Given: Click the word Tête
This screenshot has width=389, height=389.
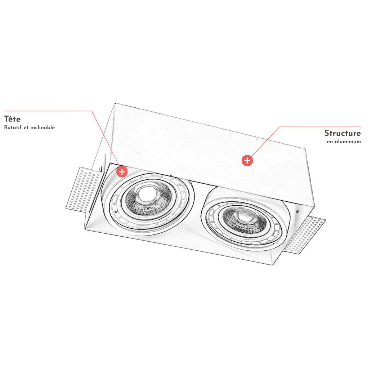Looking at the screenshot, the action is click(x=12, y=119).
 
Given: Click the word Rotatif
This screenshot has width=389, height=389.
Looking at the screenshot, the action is click(x=13, y=127).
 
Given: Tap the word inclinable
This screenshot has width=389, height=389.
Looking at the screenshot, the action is click(x=43, y=127).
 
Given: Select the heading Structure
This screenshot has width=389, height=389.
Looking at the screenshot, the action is click(x=343, y=133).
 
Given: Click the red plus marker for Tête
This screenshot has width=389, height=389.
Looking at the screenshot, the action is click(x=122, y=172).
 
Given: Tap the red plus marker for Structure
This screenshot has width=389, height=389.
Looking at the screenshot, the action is click(x=247, y=161).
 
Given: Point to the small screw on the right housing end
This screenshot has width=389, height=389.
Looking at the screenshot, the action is click(x=297, y=211).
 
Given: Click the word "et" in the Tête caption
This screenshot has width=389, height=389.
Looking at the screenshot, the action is click(x=26, y=128).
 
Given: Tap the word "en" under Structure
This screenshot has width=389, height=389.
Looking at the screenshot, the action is click(x=330, y=142).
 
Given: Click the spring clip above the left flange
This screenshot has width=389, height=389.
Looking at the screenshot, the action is click(x=103, y=163).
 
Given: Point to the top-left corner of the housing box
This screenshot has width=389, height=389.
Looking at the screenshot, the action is click(x=115, y=103).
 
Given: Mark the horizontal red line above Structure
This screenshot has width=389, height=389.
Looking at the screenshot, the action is click(x=320, y=127).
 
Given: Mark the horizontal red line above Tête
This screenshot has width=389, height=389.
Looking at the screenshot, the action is click(x=48, y=111).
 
